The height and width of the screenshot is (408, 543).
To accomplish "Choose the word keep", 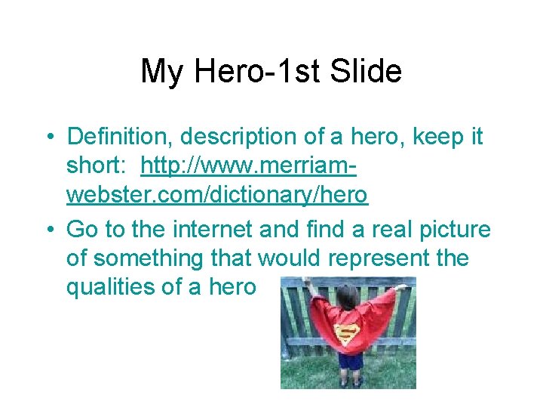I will [431, 137].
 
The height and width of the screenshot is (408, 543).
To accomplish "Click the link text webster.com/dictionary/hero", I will [217, 196].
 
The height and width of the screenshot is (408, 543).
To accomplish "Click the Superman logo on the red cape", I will [348, 332].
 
